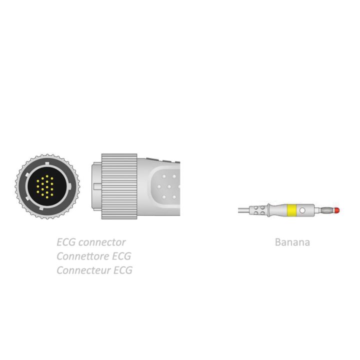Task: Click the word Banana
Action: (x=292, y=242)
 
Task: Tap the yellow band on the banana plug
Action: (x=291, y=210)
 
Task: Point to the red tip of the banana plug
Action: (x=337, y=210)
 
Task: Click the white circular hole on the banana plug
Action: (x=302, y=210)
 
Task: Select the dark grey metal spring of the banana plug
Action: (x=327, y=210)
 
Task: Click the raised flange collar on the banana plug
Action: (x=268, y=210)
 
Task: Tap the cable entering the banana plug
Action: (x=244, y=210)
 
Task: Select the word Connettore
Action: (x=83, y=256)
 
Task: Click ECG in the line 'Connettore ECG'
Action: (x=121, y=256)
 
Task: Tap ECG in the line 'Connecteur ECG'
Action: (x=123, y=270)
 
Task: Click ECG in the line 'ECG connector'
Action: (x=66, y=242)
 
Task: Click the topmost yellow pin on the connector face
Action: (x=47, y=176)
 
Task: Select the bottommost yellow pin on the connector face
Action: (x=47, y=197)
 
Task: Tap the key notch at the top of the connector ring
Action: (x=47, y=164)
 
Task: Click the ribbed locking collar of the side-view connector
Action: (x=119, y=186)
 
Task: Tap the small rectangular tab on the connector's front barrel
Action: (x=97, y=186)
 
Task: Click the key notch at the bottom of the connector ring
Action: (x=42, y=208)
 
